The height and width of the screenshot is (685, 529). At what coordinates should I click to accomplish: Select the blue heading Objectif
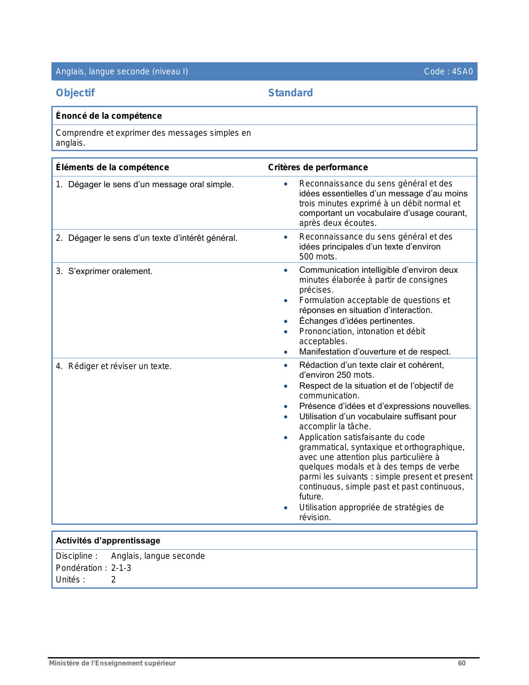(x=75, y=93)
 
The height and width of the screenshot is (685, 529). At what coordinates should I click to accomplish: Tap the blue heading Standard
(x=290, y=93)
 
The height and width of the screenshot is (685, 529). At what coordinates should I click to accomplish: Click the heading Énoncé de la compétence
(x=109, y=116)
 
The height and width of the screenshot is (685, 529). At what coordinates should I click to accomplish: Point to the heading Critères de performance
(x=318, y=167)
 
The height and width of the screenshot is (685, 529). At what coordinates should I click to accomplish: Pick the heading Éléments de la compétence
(x=112, y=167)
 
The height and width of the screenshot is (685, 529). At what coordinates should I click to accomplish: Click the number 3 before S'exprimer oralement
(x=59, y=272)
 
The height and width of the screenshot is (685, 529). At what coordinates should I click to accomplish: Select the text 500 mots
(x=318, y=257)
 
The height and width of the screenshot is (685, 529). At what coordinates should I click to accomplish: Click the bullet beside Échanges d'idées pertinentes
(x=286, y=322)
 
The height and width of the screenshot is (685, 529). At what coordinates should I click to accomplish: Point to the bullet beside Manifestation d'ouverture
(x=286, y=352)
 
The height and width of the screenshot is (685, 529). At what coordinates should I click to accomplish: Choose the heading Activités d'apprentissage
(x=108, y=541)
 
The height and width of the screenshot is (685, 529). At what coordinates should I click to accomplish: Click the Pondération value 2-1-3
(x=121, y=568)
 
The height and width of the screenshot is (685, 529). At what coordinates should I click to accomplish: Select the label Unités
(x=70, y=580)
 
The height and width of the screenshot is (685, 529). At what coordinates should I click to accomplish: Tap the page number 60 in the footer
(x=461, y=663)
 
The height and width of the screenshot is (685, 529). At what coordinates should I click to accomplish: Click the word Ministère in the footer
(x=63, y=663)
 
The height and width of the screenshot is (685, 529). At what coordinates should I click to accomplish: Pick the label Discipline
(x=76, y=556)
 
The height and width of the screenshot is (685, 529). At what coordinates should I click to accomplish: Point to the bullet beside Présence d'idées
(x=286, y=407)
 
